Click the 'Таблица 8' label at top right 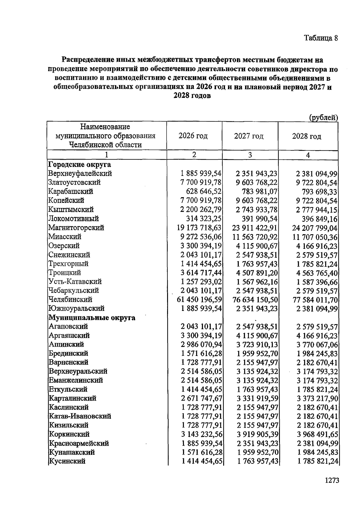click(321, 38)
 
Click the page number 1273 click(332, 480)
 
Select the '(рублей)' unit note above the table click(323, 118)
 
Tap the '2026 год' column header click(193, 136)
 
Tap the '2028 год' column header click(307, 136)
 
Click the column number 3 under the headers click(250, 155)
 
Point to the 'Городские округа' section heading click(79, 164)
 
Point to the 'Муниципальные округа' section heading click(92, 318)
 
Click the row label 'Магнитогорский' click(76, 227)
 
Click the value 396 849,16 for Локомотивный click(319, 219)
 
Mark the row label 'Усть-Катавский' click(75, 282)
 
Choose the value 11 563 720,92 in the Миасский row click(255, 237)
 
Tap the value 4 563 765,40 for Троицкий click(317, 273)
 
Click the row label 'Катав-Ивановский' click(80, 416)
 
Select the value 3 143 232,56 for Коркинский click(201, 434)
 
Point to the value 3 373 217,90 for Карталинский click(317, 399)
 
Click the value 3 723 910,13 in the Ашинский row click(257, 345)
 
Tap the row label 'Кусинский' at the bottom click(67, 461)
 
